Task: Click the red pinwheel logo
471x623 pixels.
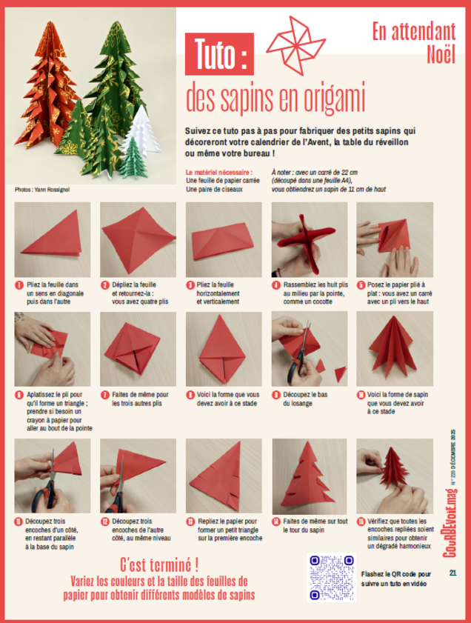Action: click(x=296, y=45)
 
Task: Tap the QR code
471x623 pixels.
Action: click(x=331, y=577)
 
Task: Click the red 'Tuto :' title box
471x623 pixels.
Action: click(x=219, y=54)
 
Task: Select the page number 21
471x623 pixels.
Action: click(x=452, y=573)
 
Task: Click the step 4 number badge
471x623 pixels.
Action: click(x=276, y=285)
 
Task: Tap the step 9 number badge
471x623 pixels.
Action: click(x=276, y=395)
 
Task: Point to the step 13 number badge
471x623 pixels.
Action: click(x=190, y=522)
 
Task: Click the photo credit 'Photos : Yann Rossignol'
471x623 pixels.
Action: click(x=42, y=190)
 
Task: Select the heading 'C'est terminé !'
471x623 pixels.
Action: click(x=159, y=564)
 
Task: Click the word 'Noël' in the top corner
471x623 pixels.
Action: click(x=441, y=54)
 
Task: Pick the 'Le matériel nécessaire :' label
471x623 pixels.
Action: click(x=218, y=173)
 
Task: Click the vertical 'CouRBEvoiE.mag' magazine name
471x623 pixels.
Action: click(x=450, y=523)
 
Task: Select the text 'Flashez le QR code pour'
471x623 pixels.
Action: click(x=396, y=574)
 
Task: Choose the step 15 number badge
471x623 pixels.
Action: click(x=361, y=522)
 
